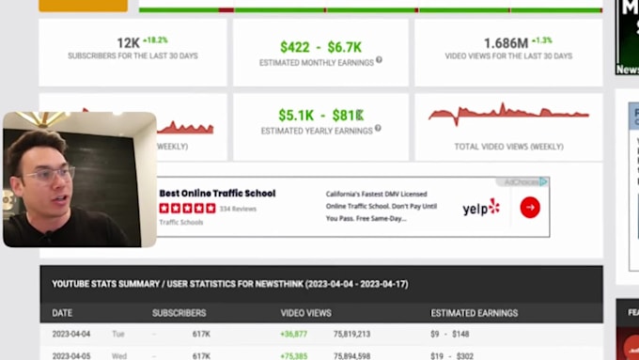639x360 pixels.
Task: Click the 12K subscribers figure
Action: [x=128, y=43]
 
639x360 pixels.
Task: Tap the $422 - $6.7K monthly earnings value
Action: [x=320, y=47]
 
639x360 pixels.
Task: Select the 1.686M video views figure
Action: [x=506, y=43]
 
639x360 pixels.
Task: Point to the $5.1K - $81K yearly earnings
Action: [x=321, y=116]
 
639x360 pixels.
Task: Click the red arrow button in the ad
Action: [x=530, y=208]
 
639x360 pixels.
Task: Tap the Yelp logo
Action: [x=481, y=208]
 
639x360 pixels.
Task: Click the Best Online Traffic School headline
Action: [x=217, y=194]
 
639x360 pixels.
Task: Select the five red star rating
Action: [x=187, y=209]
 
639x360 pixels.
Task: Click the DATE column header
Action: [x=62, y=313]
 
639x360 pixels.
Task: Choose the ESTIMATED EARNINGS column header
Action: [x=474, y=313]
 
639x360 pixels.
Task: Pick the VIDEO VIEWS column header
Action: [x=305, y=313]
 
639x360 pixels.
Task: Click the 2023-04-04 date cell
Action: [x=72, y=334]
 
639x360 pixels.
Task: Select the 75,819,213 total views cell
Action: [x=351, y=334]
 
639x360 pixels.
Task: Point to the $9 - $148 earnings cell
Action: [x=448, y=334]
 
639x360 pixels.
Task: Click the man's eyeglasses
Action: [x=48, y=174]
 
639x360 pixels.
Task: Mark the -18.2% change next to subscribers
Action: [x=155, y=40]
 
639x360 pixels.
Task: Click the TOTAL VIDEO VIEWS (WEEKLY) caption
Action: [x=508, y=147]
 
